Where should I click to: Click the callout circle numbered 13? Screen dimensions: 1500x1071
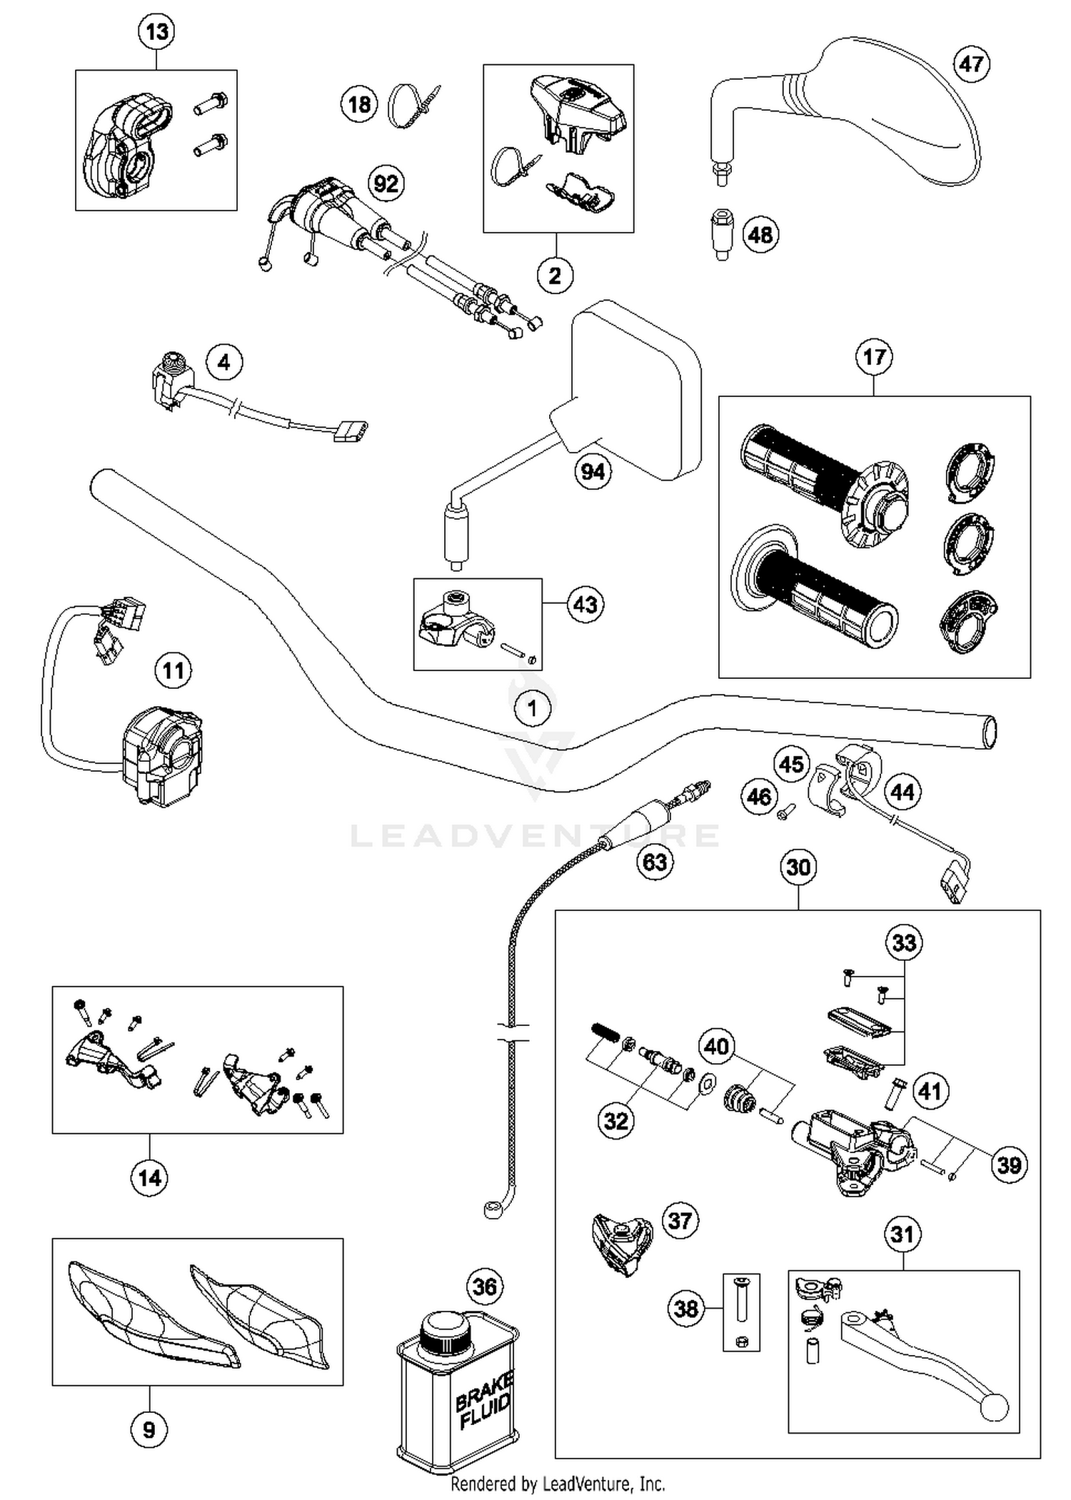coord(156,32)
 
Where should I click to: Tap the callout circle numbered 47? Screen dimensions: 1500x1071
coord(971,64)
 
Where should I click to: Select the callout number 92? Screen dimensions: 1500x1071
coord(386,184)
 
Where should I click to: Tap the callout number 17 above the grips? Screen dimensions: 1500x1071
coord(875,357)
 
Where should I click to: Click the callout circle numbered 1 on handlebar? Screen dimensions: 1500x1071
coord(533,709)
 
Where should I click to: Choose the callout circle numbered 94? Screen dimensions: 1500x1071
coord(593,471)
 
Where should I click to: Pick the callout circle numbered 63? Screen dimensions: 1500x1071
coord(655,862)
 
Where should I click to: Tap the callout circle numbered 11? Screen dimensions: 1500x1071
coord(174,670)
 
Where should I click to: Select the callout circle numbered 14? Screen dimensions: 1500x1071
coord(149,1177)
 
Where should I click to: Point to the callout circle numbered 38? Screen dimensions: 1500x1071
coord(686,1309)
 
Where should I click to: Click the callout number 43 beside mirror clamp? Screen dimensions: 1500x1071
coord(585,605)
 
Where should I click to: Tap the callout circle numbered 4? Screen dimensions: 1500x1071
coord(224,363)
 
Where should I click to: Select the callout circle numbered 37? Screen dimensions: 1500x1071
coord(680,1220)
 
